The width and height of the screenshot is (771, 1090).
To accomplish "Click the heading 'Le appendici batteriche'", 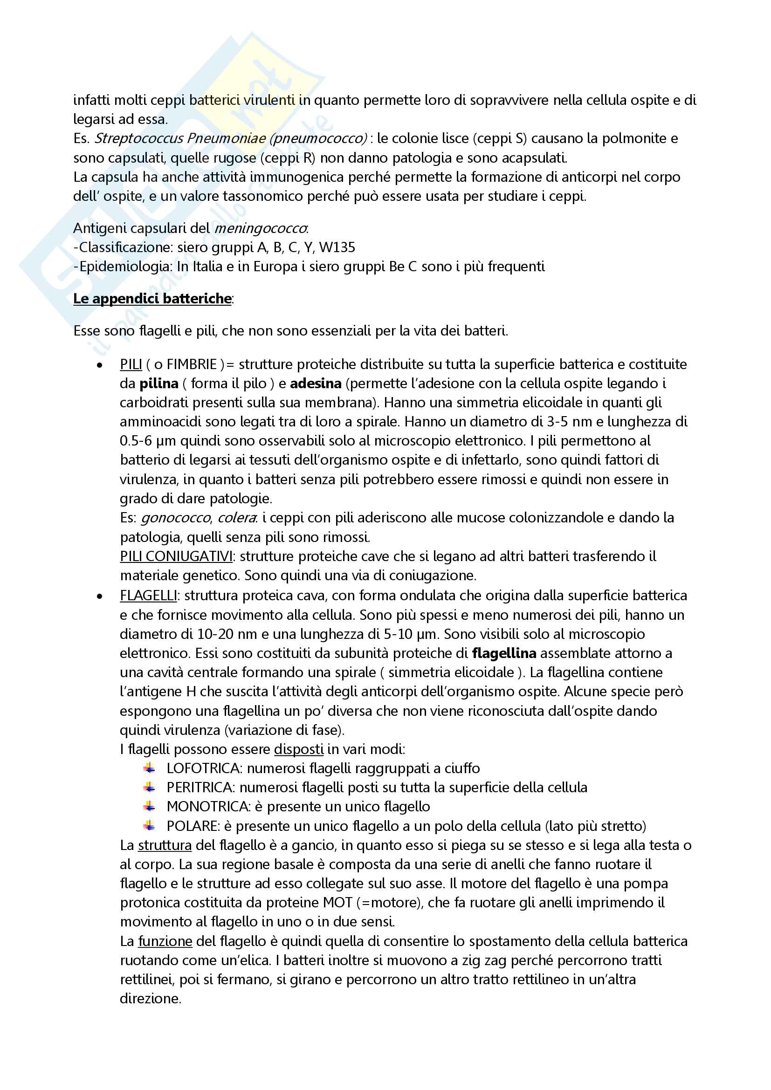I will (x=152, y=299).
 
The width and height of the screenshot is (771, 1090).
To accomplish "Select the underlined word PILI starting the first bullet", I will (x=131, y=364).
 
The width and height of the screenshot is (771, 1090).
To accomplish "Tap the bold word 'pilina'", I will (x=159, y=383).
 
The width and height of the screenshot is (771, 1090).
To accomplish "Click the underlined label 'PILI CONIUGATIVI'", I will (x=176, y=556).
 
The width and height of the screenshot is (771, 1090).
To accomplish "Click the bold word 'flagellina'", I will (x=504, y=653).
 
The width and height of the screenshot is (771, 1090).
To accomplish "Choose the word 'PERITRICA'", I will (x=200, y=788).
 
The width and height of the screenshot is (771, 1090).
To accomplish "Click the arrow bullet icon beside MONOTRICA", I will (x=150, y=807).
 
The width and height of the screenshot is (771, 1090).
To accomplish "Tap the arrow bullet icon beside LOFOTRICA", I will (x=150, y=768).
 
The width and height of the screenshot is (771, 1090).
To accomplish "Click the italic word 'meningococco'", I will (x=261, y=228).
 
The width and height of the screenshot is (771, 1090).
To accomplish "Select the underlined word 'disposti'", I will (x=299, y=749).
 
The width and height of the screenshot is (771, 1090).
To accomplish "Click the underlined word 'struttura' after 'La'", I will (x=165, y=845).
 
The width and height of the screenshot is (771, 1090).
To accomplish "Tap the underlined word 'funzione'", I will (x=165, y=941).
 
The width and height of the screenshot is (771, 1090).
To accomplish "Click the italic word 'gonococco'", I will (x=176, y=517).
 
